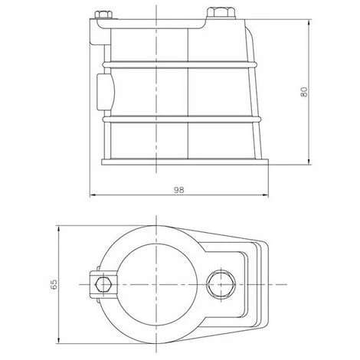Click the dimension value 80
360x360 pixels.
pos(304,92)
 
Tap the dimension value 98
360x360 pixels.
pos(179,190)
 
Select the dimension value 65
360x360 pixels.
pos(54,284)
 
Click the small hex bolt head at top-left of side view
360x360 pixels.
pos(103,15)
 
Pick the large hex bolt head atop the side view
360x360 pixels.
pos(221,13)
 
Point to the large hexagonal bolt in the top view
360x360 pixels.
pos(221,284)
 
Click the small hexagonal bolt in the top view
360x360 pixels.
pos(103,284)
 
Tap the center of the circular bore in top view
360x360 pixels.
pos(156,284)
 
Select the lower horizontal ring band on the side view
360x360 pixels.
pos(182,119)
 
